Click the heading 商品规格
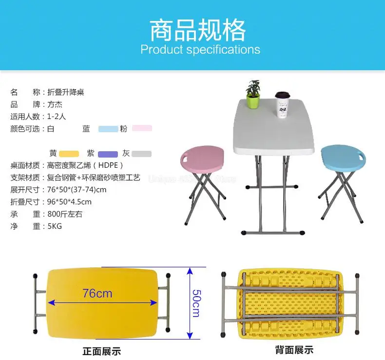[198, 30]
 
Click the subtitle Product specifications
[200, 50]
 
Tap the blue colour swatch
[108, 129]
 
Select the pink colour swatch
[142, 128]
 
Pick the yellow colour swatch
[69, 154]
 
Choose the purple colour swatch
[108, 154]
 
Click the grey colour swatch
[141, 154]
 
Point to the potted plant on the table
[252, 95]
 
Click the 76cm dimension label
[97, 293]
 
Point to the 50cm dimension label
[195, 302]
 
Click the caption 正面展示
[101, 351]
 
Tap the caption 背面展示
[294, 350]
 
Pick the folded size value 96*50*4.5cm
[70, 202]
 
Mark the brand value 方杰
[54, 104]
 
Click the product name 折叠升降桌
[66, 92]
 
